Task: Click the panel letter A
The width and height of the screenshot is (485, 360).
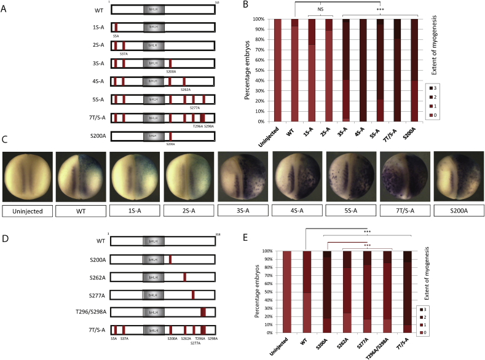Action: pos(6,7)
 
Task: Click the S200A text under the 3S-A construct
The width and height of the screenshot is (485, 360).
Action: pos(171,71)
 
